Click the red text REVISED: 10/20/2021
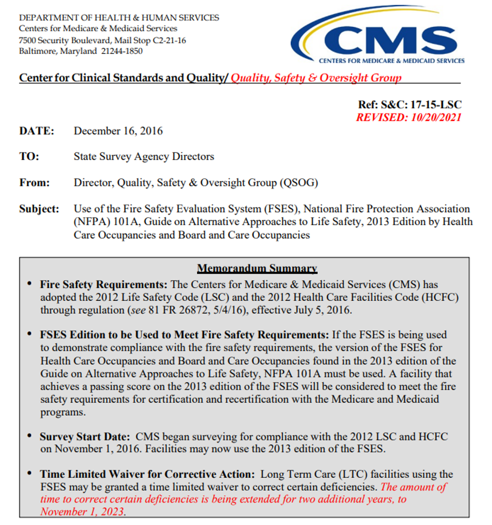pyautogui.click(x=408, y=117)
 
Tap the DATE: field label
pyautogui.click(x=37, y=131)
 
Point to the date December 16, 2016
pyautogui.click(x=118, y=131)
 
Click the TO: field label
pyautogui.click(x=29, y=156)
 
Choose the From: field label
pyautogui.click(x=35, y=183)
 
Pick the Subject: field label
pyautogui.click(x=39, y=208)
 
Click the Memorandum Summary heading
pyautogui.click(x=257, y=269)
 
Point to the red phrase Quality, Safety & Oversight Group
pyautogui.click(x=316, y=78)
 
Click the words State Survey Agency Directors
pyautogui.click(x=144, y=156)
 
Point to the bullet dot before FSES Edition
pyautogui.click(x=30, y=334)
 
